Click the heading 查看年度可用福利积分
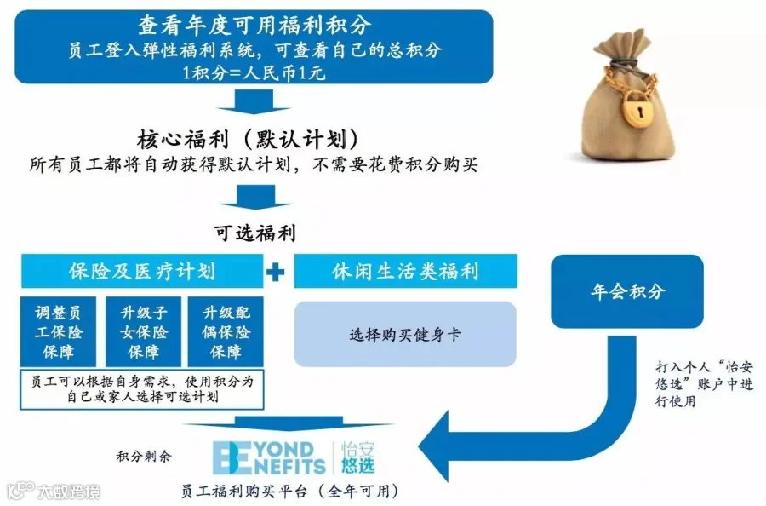pyautogui.click(x=254, y=25)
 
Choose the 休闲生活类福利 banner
pyautogui.click(x=405, y=272)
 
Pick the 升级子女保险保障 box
pyautogui.click(x=142, y=331)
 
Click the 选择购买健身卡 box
pyautogui.click(x=405, y=334)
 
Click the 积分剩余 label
pyautogui.click(x=143, y=457)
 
